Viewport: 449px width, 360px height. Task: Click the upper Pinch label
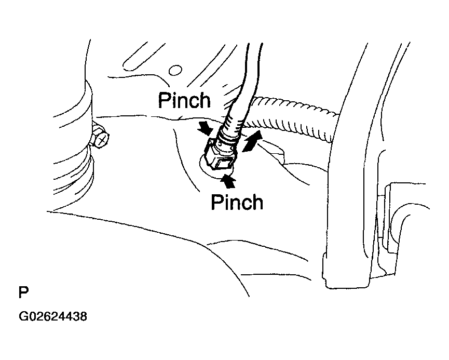point(184,100)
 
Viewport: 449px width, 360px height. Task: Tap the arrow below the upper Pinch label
point(205,128)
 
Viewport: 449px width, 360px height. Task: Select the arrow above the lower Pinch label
point(228,182)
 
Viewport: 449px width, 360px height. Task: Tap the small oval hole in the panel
point(175,70)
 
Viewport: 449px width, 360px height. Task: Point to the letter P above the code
point(23,292)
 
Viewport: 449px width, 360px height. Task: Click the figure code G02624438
point(53,316)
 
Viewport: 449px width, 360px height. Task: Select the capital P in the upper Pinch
point(164,100)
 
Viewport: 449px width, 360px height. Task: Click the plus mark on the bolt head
point(102,140)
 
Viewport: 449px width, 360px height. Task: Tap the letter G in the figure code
point(23,316)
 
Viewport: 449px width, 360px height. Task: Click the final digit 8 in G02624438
point(83,316)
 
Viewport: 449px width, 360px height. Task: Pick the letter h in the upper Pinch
point(205,100)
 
